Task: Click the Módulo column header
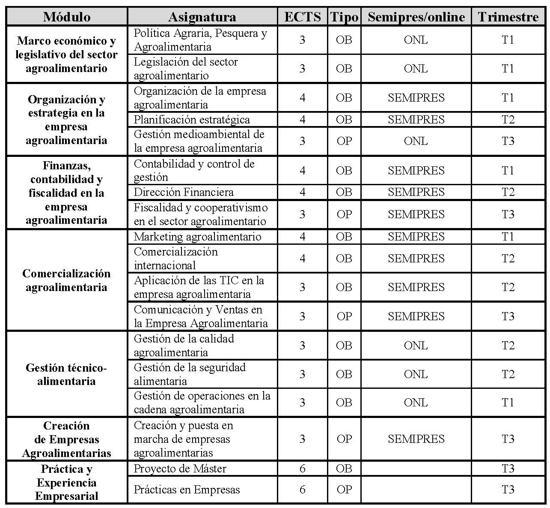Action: [x=67, y=17]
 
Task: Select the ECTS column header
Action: [x=303, y=17]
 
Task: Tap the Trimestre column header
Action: [x=508, y=17]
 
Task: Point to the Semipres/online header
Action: [x=416, y=17]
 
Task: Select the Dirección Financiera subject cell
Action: [x=184, y=192]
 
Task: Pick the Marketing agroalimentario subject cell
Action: [x=197, y=237]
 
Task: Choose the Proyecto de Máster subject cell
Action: [x=180, y=469]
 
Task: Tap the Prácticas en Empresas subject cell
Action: [x=187, y=490]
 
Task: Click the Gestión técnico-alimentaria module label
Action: [x=66, y=374]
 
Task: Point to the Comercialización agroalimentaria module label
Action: [x=66, y=280]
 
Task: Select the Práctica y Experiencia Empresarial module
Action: [x=66, y=482]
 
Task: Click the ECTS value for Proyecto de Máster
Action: [x=303, y=469]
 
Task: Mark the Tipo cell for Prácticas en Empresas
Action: [x=344, y=490]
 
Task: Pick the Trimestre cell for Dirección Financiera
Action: [x=508, y=192]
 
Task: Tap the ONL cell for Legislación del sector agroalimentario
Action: [x=416, y=69]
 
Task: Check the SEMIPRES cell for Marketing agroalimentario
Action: [x=416, y=237]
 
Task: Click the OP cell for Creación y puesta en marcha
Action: [x=344, y=439]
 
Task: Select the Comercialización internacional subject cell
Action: [x=175, y=259]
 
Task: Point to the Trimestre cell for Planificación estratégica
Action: [x=508, y=120]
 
